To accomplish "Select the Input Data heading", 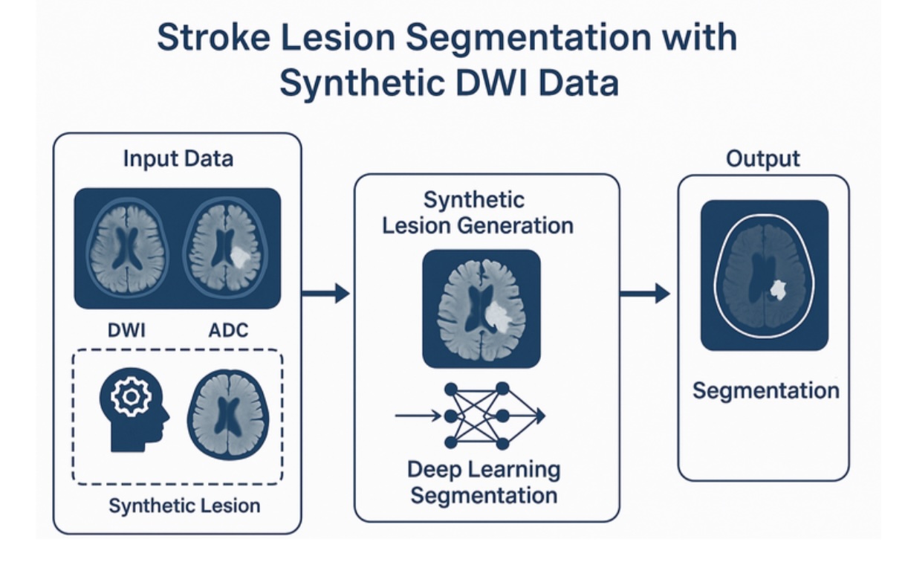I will (x=178, y=158).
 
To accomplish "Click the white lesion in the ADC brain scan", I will (x=239, y=256).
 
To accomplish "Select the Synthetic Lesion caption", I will (x=184, y=506).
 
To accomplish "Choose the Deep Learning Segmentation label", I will (x=484, y=482).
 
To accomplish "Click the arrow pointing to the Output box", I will (x=644, y=293).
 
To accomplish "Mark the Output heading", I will (x=763, y=159).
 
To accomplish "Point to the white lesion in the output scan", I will (x=778, y=288).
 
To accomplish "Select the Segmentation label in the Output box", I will (x=765, y=390).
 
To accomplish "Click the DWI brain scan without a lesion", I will (x=128, y=247).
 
